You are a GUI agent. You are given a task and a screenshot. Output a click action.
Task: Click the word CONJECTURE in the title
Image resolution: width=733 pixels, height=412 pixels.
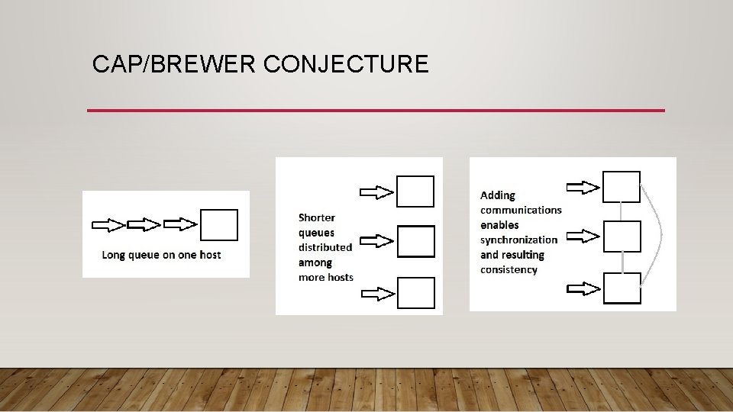346,64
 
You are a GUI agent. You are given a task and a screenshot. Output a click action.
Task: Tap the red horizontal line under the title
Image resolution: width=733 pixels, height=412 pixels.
376,111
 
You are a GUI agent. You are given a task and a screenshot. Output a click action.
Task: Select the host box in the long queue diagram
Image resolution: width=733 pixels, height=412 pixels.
219,225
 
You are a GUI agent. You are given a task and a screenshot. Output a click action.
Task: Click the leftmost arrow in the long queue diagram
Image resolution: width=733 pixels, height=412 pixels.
108,225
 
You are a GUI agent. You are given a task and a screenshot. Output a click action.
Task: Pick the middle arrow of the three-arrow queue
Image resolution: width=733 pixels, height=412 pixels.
144,225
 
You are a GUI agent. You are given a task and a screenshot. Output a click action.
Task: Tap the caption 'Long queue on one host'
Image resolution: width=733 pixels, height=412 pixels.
161,254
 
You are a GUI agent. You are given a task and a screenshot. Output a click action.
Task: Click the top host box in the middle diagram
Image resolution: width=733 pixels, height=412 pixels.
415,192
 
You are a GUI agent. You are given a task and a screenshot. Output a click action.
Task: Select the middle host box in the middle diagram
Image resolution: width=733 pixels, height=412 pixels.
416,241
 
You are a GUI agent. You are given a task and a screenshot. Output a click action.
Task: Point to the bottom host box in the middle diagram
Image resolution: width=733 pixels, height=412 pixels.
416,293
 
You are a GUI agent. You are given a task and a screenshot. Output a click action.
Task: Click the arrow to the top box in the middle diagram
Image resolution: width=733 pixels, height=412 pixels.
376,192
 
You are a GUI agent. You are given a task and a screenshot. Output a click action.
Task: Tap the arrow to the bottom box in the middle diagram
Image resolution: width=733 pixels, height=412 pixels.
376,292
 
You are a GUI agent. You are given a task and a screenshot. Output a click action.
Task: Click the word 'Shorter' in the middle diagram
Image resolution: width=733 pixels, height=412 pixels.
316,217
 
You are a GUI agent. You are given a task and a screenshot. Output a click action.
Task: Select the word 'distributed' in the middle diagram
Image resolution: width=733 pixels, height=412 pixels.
325,247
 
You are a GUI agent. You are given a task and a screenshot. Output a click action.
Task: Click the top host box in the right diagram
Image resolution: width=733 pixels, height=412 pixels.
622,187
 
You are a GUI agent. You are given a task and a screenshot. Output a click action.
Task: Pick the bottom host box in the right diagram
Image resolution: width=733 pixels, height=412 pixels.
622,288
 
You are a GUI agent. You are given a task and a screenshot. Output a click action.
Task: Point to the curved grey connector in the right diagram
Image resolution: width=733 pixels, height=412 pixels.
658,237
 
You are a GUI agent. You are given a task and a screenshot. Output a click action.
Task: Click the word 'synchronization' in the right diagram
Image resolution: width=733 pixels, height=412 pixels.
518,240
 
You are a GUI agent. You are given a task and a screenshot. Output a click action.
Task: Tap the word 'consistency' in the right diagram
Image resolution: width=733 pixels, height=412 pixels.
509,269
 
